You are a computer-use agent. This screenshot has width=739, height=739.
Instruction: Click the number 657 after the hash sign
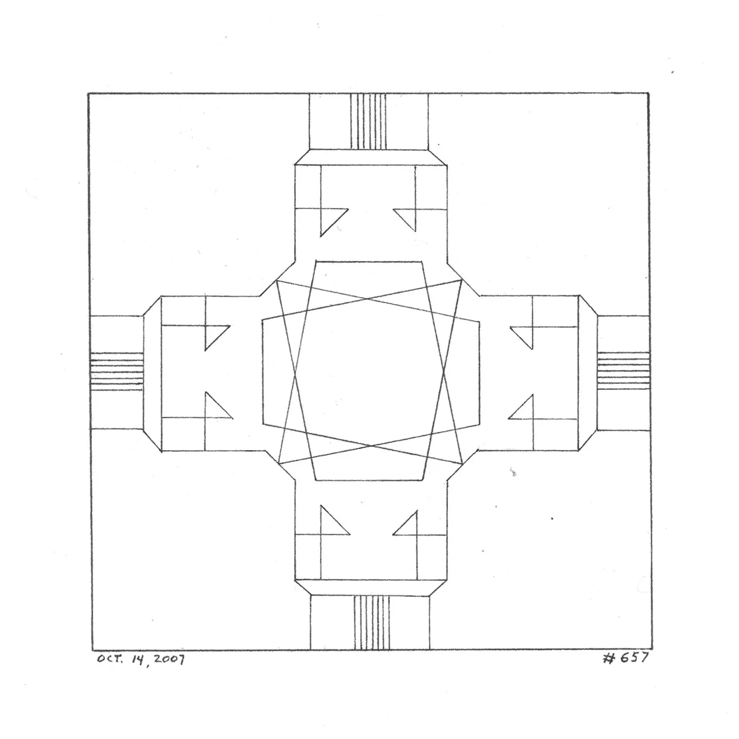(633, 658)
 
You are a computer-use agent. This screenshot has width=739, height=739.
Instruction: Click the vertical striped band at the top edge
(368, 121)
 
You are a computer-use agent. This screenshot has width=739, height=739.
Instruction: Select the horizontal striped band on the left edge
(116, 371)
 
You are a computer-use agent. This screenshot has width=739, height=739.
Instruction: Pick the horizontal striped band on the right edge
(623, 371)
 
